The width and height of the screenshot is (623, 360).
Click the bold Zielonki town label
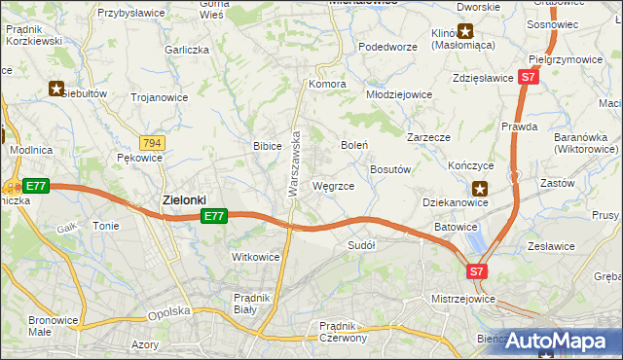pyautogui.click(x=183, y=199)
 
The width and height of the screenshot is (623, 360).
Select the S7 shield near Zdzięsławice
pyautogui.click(x=528, y=76)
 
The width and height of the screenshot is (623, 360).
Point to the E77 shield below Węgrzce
pyautogui.click(x=215, y=217)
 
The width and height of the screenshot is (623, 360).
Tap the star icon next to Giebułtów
pyautogui.click(x=56, y=88)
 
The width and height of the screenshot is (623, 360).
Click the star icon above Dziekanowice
pyautogui.click(x=479, y=189)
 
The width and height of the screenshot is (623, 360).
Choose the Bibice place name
pyautogui.click(x=268, y=145)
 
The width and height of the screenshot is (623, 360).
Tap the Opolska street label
pyautogui.click(x=165, y=313)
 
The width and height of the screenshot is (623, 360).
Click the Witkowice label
pyautogui.click(x=256, y=257)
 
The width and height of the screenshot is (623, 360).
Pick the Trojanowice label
pyautogui.click(x=158, y=97)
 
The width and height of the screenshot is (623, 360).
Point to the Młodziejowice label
pyautogui.click(x=398, y=94)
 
